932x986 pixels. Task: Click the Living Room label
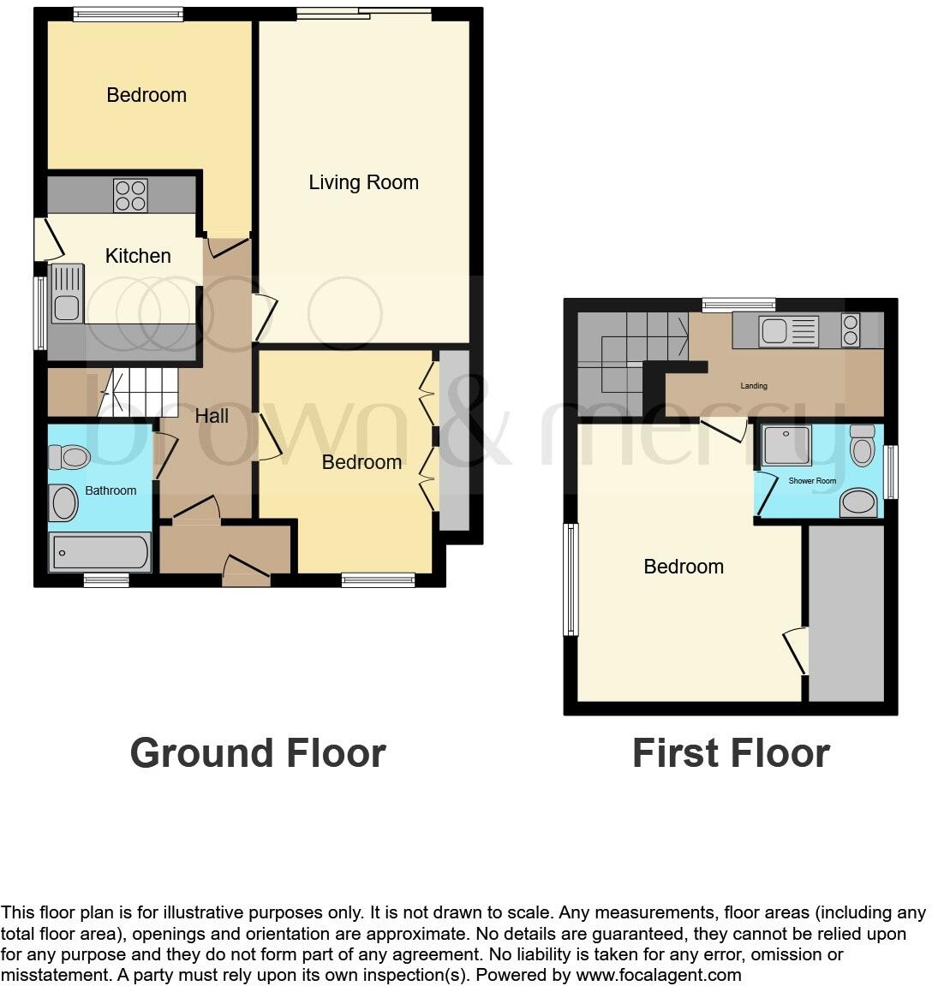click(x=363, y=182)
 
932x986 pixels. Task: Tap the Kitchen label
click(x=138, y=256)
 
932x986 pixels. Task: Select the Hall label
click(x=212, y=416)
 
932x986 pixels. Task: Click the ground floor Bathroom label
click(x=111, y=490)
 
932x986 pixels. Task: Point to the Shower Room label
click(x=812, y=481)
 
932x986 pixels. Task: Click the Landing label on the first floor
click(x=754, y=386)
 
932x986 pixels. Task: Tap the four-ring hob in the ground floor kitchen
click(x=130, y=195)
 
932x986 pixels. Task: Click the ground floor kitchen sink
click(x=68, y=294)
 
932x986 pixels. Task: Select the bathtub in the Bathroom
click(x=99, y=552)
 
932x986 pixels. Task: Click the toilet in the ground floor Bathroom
click(x=69, y=458)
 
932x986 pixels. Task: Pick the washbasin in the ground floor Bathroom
click(x=64, y=502)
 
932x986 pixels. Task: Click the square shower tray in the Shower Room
click(x=786, y=446)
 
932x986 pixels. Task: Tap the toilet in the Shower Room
click(x=862, y=445)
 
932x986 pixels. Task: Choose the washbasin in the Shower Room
click(x=859, y=502)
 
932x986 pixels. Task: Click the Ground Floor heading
click(x=258, y=753)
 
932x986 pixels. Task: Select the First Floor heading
click(x=731, y=753)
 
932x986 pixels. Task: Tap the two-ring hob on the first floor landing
click(x=851, y=330)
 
